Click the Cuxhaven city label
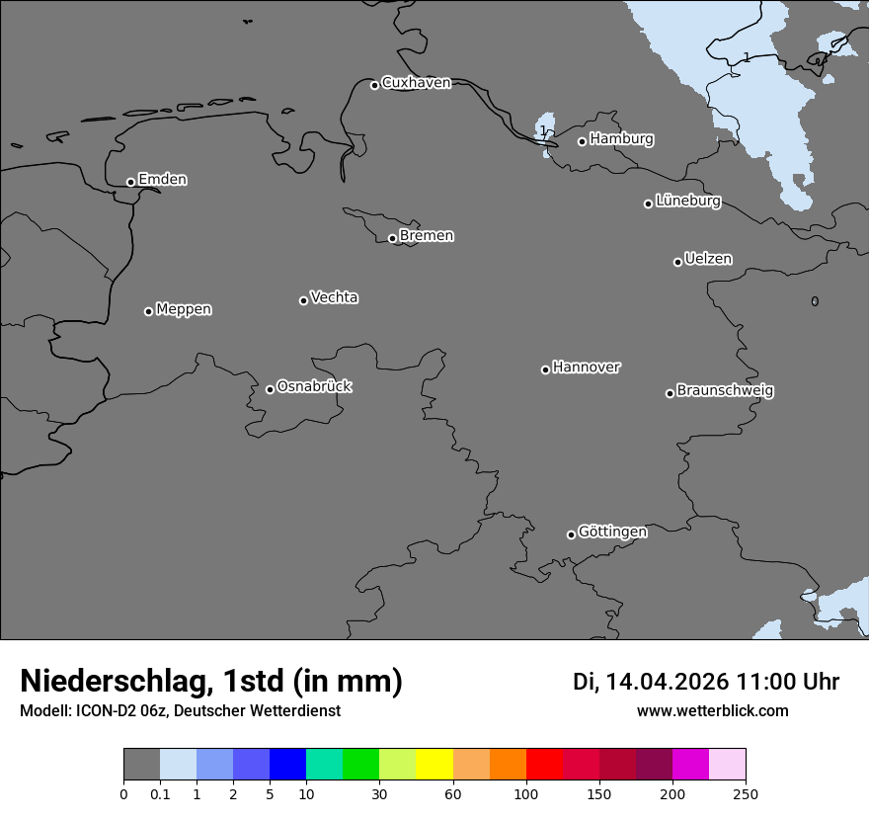point(416,83)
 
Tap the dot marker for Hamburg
point(582,141)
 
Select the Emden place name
point(162,180)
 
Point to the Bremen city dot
point(392,238)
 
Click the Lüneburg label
point(687,201)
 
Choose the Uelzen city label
point(708,259)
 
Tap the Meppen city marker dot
point(148,311)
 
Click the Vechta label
point(334,297)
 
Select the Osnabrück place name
point(314,386)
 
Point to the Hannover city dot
point(545,369)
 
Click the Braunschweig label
point(725,390)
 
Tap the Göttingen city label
point(612,532)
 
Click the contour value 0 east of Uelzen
point(815,301)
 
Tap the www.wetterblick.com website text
point(712,710)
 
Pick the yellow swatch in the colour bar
point(434,765)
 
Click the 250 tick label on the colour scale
point(746,793)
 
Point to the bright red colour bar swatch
point(544,765)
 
